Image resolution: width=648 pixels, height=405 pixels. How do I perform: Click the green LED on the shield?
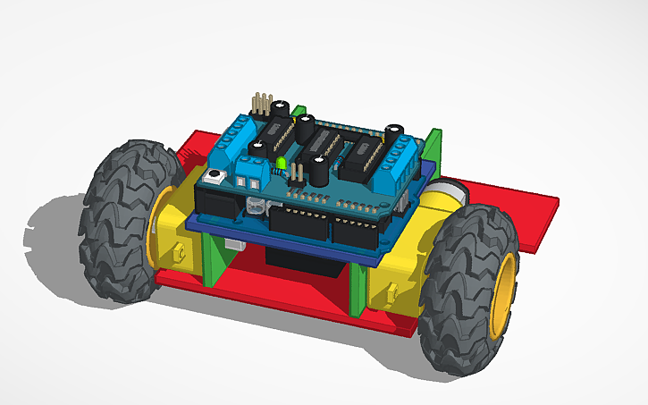(x=280, y=164)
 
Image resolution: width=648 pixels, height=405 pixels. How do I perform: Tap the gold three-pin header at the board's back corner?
(x=262, y=105)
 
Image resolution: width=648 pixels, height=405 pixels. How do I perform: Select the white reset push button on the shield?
(x=214, y=179)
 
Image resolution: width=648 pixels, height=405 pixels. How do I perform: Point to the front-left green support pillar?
(x=215, y=259)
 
